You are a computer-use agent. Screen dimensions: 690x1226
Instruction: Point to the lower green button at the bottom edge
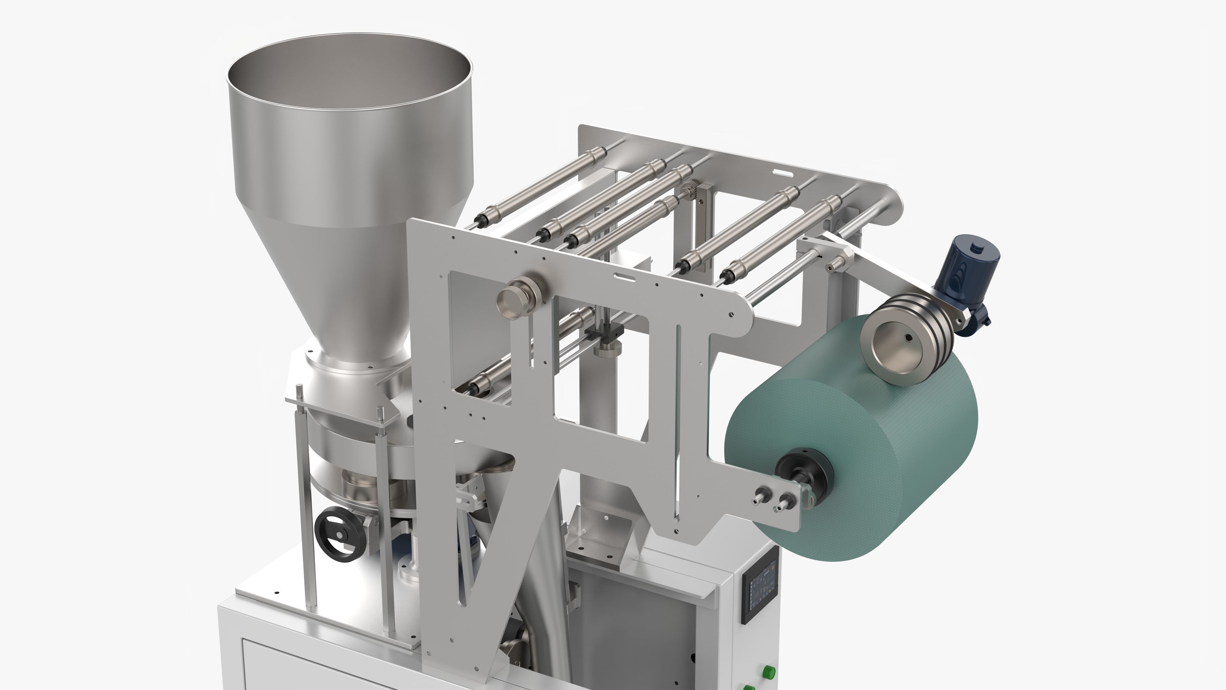[749, 687]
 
